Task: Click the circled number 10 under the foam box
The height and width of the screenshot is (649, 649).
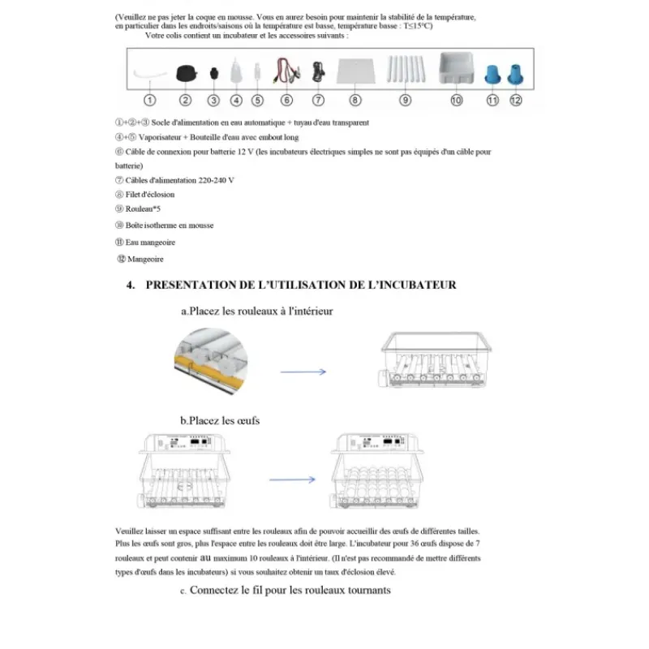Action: coord(456,101)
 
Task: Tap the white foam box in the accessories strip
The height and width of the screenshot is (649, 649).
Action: coord(456,70)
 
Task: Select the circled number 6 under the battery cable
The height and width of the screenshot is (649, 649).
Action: coord(286,101)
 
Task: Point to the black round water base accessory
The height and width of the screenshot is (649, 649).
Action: coord(186,72)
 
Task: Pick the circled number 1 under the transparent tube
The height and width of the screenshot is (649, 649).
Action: coord(150,101)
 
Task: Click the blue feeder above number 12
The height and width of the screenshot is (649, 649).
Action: coord(515,72)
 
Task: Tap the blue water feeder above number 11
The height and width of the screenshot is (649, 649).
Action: coord(492,72)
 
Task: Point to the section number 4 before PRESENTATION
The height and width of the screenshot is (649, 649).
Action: coord(130,285)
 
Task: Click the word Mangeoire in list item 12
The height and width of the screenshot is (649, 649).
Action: coord(146,259)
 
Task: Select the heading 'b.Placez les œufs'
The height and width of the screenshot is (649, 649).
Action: coord(221,420)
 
